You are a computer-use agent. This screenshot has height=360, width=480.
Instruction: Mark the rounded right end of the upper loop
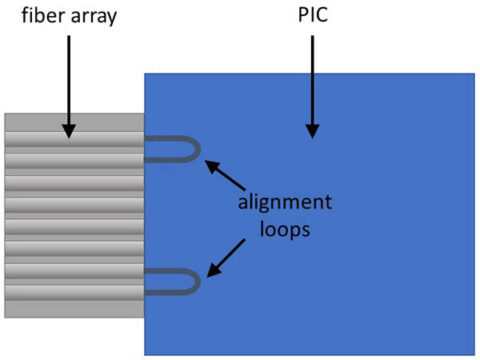(199, 149)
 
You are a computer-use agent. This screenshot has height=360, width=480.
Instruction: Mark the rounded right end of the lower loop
(199, 282)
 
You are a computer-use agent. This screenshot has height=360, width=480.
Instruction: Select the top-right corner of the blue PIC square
(474, 73)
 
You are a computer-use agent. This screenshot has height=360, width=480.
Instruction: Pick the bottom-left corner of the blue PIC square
(146, 354)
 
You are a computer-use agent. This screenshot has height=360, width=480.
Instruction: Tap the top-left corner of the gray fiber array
(5, 114)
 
